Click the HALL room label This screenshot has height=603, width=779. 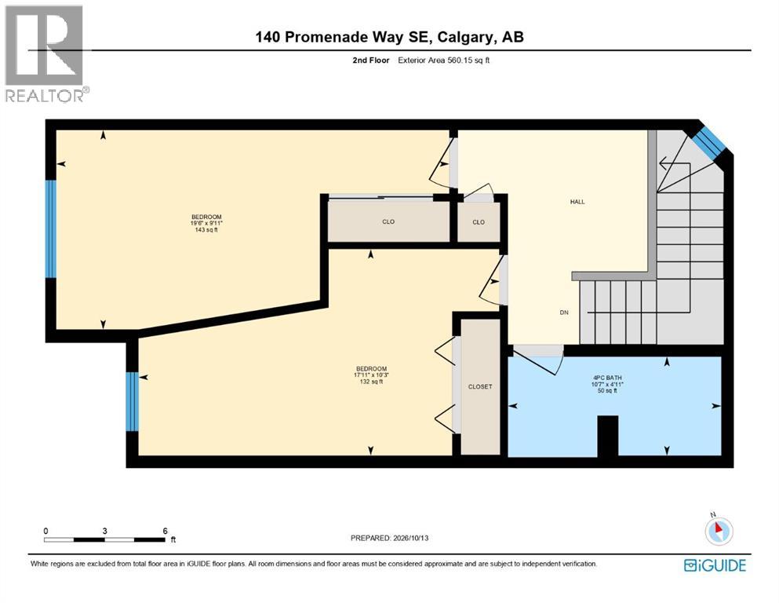[577, 202]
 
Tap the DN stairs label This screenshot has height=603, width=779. [564, 312]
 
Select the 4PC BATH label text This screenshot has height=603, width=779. [606, 378]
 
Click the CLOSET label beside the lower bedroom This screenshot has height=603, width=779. [480, 387]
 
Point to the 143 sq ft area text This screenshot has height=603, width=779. [206, 230]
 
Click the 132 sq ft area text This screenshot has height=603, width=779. [371, 382]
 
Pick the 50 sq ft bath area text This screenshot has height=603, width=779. [607, 391]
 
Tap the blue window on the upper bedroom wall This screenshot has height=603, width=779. [51, 228]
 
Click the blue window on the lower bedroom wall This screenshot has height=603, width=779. [132, 401]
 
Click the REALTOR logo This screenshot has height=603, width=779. [47, 53]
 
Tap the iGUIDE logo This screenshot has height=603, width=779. [715, 566]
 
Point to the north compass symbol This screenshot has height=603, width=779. [718, 530]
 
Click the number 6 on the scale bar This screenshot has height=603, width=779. [166, 531]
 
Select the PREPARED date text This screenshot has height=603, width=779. [389, 538]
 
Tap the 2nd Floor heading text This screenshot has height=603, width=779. [371, 60]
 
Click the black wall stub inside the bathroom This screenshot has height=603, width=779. [608, 436]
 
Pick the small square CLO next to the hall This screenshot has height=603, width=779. [479, 222]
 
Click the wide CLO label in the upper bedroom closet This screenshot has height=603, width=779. [388, 221]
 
